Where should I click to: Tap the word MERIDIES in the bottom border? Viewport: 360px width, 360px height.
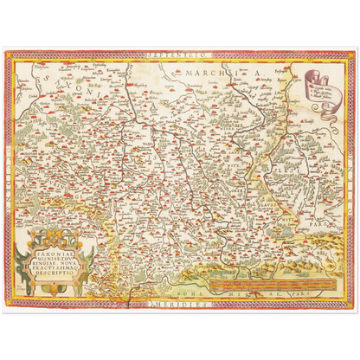[179, 305]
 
